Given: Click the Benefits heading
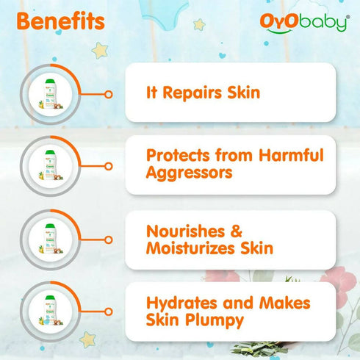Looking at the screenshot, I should [60, 21].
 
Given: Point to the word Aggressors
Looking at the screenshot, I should [189, 173].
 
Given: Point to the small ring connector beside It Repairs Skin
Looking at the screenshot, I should [109, 94].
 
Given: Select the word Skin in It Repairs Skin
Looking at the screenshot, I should [242, 93].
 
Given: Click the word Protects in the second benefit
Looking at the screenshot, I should [180, 156].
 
